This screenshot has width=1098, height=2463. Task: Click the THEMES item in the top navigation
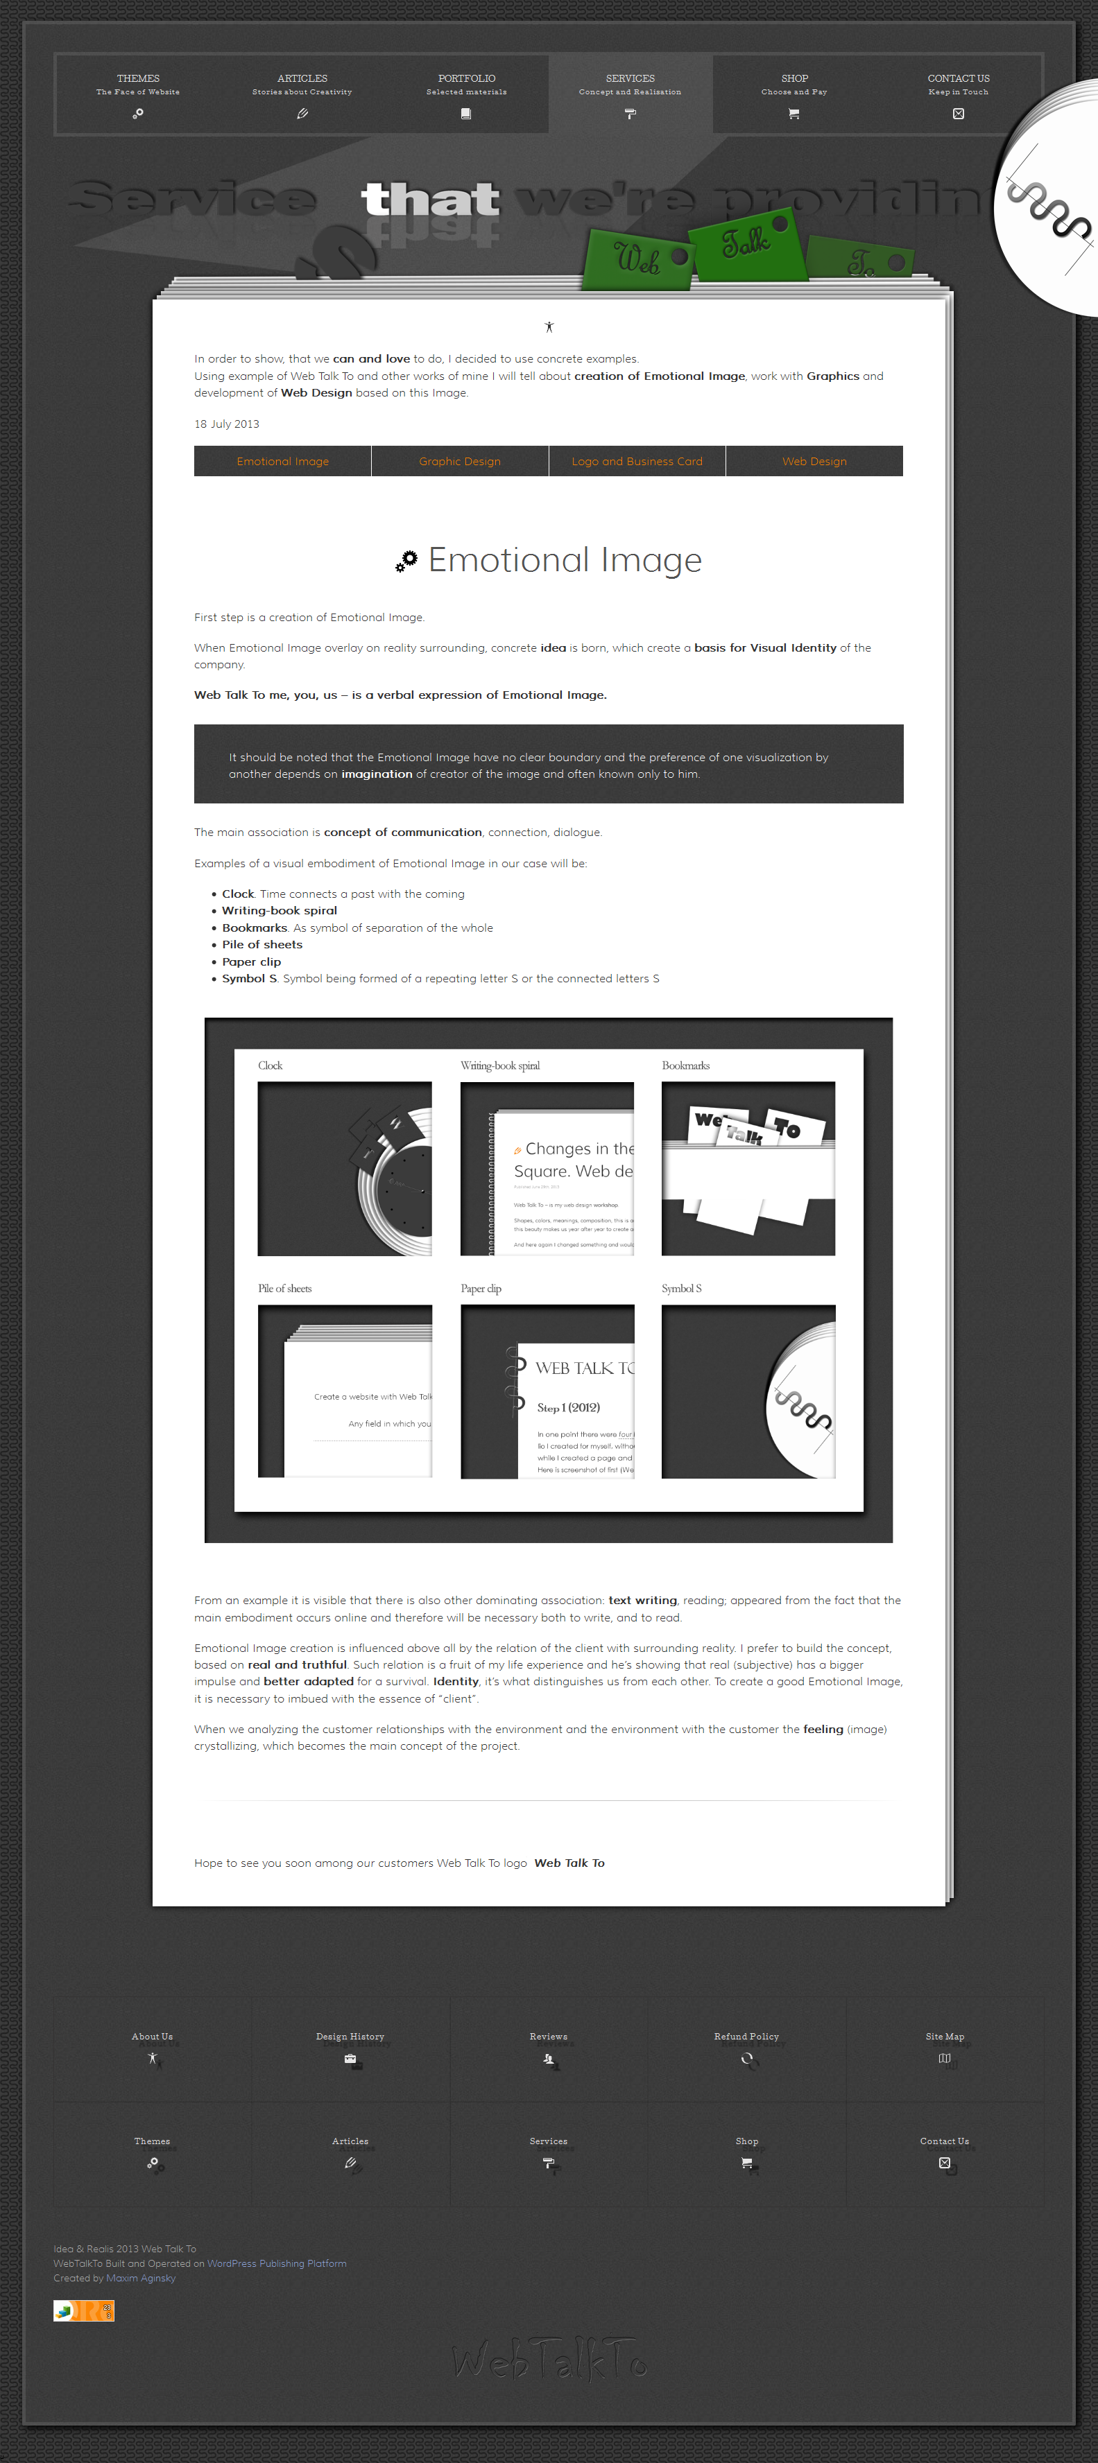138,79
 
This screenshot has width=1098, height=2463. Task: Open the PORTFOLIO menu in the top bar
466,79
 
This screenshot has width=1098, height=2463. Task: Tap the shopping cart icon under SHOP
794,114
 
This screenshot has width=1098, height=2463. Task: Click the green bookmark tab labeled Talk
747,245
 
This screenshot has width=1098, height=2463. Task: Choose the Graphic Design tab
460,462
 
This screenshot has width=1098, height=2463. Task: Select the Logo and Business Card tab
637,462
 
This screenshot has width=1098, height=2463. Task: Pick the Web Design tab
814,462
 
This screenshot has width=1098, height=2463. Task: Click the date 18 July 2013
227,424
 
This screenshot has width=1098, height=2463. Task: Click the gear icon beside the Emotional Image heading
406,562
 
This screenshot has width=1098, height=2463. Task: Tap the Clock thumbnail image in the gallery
344,1168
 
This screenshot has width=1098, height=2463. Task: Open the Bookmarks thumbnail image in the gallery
748,1168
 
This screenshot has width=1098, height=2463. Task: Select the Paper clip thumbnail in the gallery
547,1391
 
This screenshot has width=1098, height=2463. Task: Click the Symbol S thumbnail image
748,1391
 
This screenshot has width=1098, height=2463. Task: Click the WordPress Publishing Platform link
277,2263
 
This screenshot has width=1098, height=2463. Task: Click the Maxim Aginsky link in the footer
141,2277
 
